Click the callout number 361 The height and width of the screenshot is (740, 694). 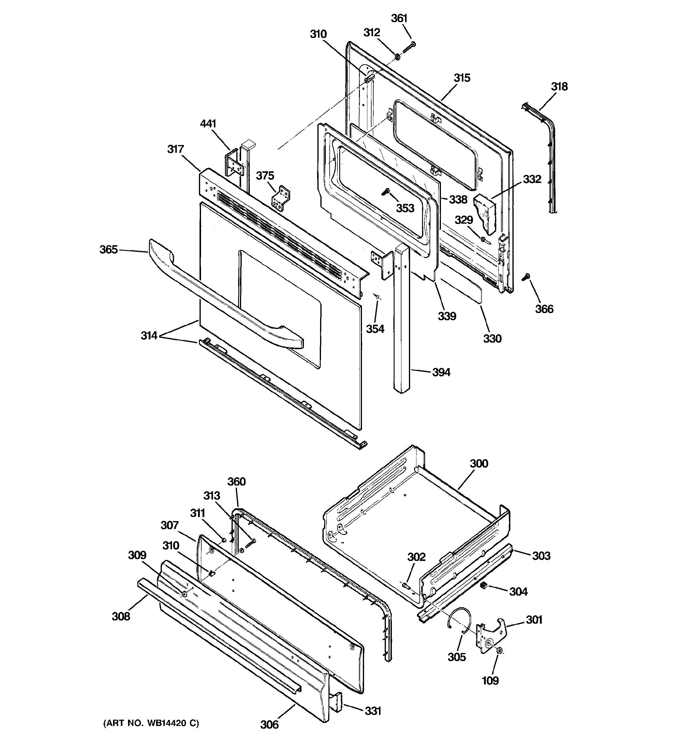tap(399, 18)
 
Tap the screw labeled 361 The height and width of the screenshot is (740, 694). tap(409, 47)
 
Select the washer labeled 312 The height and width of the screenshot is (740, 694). tap(397, 57)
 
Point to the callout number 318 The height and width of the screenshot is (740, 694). tap(559, 86)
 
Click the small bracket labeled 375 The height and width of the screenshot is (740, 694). tap(281, 199)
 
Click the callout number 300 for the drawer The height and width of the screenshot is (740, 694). tap(479, 463)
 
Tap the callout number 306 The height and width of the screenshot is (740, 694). tap(269, 724)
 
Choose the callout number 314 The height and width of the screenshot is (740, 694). tap(149, 335)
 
